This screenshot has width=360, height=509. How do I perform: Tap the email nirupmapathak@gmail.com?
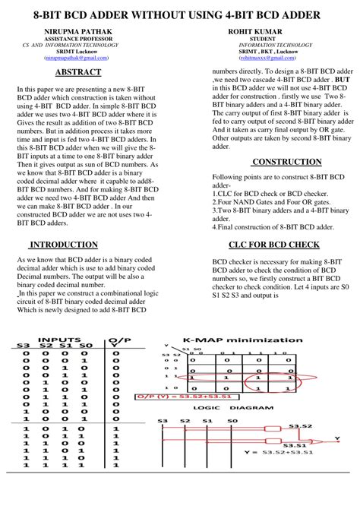pos(76,57)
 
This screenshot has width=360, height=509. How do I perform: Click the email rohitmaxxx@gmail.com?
pos(262,57)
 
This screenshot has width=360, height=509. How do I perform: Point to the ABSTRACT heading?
pos(77,72)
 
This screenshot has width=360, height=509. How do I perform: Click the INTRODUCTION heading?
pos(64,245)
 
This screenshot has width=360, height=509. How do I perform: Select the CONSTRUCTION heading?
pos(286,162)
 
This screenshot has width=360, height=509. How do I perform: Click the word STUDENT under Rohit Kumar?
pos(262,38)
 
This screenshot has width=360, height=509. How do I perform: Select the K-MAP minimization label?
pos(242,340)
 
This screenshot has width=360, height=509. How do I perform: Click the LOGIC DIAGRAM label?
pos(222,408)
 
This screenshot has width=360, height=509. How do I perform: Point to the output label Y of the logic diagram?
pos(338,438)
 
